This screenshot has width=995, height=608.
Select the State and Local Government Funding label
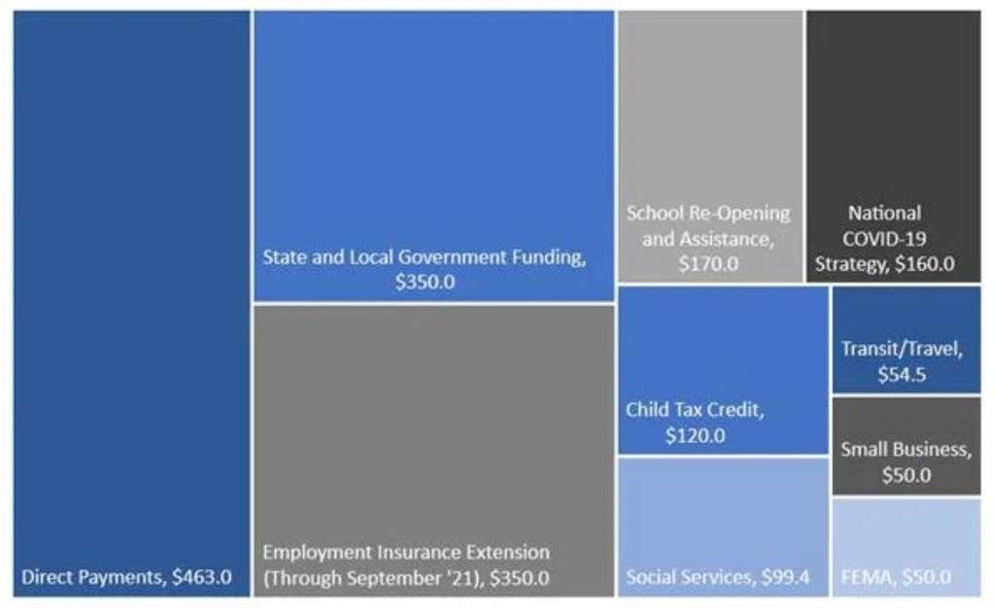(425, 257)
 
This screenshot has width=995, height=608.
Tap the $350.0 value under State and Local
(425, 283)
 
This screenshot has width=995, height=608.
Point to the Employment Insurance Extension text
(406, 553)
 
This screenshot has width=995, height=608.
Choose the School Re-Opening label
(708, 213)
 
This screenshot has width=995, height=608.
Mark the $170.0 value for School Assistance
(708, 262)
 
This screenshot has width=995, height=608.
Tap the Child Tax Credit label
(695, 410)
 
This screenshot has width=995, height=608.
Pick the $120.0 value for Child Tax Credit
(695, 436)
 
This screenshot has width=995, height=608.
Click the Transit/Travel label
(906, 349)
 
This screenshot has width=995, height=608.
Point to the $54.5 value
(906, 374)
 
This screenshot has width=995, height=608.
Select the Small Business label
(906, 450)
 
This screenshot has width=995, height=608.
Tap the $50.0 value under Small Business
(906, 475)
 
